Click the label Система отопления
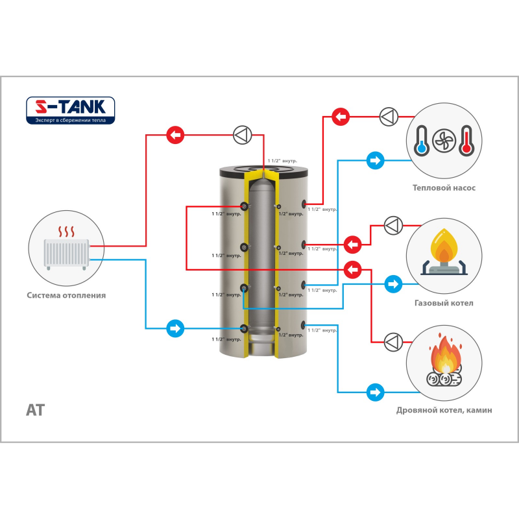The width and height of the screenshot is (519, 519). [x=66, y=295]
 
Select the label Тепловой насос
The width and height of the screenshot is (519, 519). [x=444, y=188]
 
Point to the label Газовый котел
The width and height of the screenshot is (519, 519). [x=444, y=303]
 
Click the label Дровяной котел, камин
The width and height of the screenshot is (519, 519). [x=444, y=411]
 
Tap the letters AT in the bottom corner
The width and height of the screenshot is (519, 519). [x=35, y=411]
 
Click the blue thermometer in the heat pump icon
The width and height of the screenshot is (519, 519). [x=422, y=140]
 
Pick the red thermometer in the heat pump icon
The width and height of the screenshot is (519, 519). [x=465, y=140]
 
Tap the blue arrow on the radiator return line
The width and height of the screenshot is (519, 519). [x=175, y=328]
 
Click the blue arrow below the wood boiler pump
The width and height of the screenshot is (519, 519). [x=375, y=392]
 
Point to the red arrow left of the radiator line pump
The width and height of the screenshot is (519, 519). [x=175, y=136]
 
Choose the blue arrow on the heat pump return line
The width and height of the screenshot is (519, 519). [x=375, y=160]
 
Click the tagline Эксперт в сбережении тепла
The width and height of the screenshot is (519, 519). [x=70, y=120]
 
